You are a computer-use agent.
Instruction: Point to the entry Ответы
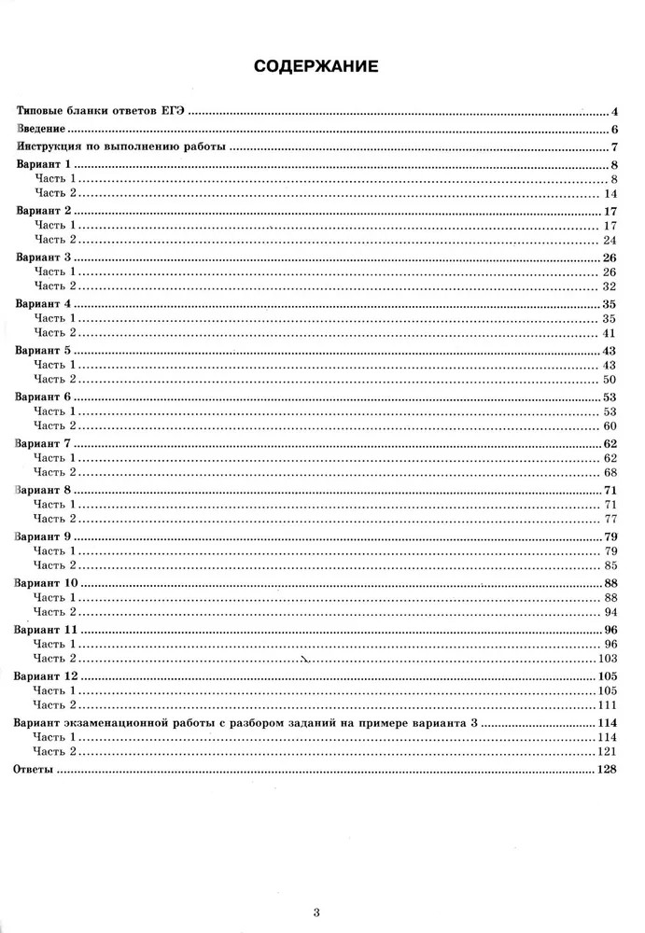point(35,771)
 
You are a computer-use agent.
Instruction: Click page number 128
point(608,771)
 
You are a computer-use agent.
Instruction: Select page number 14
point(611,192)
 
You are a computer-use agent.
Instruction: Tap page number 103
point(608,660)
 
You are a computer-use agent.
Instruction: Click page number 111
point(608,704)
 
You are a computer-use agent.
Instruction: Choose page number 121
point(608,751)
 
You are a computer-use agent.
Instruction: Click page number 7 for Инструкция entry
point(616,146)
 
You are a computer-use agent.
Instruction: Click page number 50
point(611,379)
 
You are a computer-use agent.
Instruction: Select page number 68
point(611,472)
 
